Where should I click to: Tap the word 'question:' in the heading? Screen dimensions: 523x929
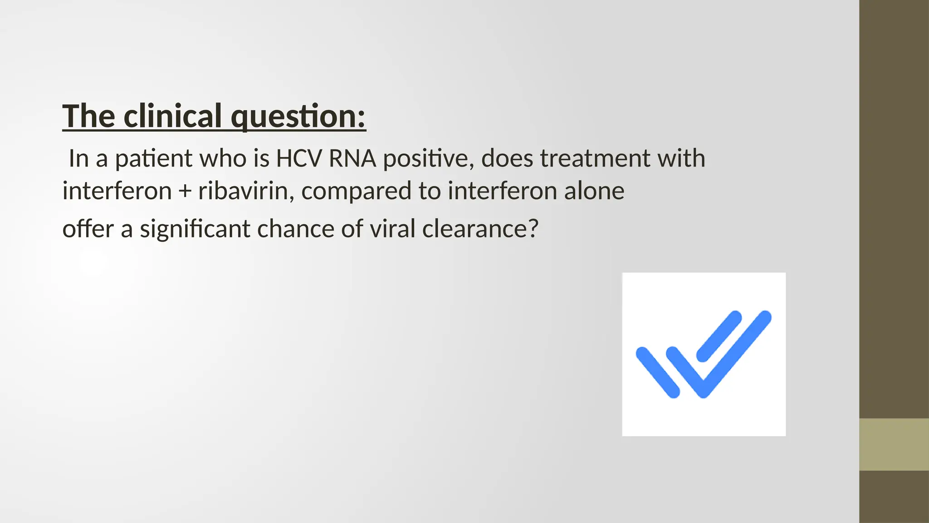[x=298, y=117]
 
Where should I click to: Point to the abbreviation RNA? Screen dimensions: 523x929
[x=352, y=158]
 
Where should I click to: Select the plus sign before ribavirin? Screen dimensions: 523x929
[x=185, y=191]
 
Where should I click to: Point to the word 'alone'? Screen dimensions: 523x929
[x=594, y=191]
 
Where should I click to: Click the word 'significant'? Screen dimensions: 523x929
[x=195, y=229]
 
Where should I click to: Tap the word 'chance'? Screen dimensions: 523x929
[x=295, y=228]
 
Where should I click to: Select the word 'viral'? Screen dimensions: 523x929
[x=392, y=228]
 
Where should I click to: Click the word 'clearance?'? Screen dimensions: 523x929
[x=480, y=228]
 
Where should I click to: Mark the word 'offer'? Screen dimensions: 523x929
[x=88, y=228]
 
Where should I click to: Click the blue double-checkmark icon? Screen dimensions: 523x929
[x=704, y=354]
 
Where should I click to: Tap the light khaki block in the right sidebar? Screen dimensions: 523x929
[x=894, y=444]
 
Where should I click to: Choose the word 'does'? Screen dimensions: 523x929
[x=506, y=158]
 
